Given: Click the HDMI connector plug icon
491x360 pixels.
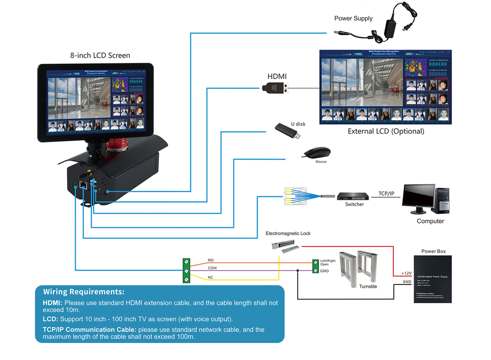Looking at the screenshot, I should pos(275,87).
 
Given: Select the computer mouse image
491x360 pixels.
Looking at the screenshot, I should pos(317,153).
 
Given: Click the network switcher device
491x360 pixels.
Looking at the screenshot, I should pos(354,197).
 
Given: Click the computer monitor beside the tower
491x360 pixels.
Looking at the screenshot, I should pos(419,198).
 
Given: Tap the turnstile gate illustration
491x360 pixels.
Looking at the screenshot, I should pos(356,268).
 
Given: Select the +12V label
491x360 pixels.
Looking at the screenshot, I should pos(406,273).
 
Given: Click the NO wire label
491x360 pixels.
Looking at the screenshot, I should pos(211,260).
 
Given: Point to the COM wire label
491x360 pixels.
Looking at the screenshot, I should pos(212,268).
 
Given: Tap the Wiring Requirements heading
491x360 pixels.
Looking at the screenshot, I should pos(84,292).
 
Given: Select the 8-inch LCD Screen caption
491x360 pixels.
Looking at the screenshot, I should pos(100,55).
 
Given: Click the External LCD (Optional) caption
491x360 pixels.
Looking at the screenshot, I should pos(386,131).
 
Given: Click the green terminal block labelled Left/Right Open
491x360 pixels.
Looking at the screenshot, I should pos(315,266).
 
